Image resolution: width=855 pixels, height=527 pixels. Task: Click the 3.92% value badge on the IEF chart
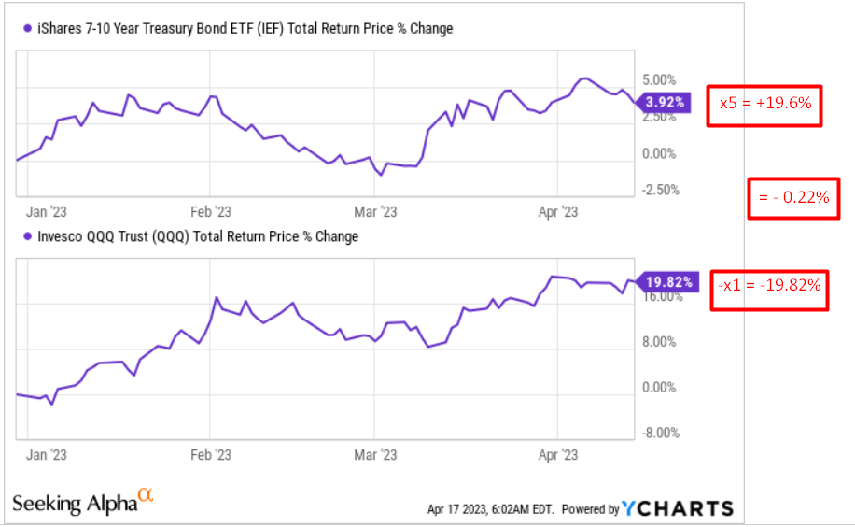[666, 102]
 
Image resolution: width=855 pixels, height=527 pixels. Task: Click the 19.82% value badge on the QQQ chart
[666, 280]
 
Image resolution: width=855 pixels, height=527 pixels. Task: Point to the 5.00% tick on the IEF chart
[659, 80]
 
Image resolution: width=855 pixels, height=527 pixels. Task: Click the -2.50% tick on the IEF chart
[659, 190]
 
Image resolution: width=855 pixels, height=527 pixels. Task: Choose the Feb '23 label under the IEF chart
[211, 212]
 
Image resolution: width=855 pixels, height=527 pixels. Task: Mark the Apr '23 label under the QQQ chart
[558, 454]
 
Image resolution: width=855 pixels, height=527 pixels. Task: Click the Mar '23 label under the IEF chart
[376, 212]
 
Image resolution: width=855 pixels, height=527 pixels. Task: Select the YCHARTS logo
[678, 508]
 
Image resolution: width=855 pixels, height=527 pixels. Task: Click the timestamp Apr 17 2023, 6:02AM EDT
[490, 510]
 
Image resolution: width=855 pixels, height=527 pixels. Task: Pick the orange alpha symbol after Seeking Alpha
[145, 494]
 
